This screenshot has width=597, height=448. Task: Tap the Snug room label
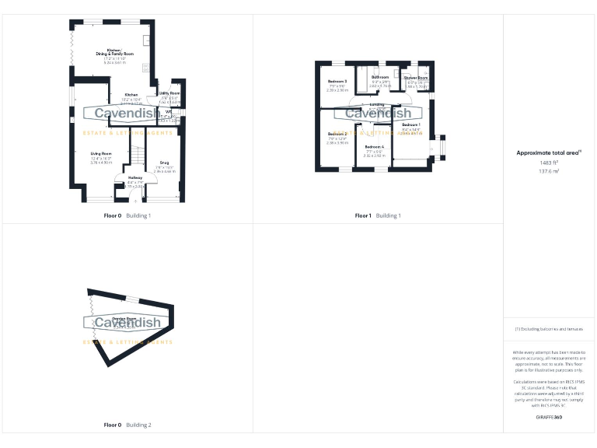164,163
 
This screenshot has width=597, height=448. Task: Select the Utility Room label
169,93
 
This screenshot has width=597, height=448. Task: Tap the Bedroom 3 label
337,81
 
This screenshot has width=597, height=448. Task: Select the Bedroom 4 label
375,147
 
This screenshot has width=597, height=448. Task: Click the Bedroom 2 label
337,134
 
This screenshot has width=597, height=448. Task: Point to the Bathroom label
379,78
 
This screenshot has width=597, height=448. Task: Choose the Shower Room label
415,78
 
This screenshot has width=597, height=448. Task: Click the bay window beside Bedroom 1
442,146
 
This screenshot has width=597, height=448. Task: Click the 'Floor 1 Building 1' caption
377,215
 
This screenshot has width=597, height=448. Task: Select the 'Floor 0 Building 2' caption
127,425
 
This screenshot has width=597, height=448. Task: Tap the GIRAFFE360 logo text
549,418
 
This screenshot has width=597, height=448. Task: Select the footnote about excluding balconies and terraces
549,329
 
